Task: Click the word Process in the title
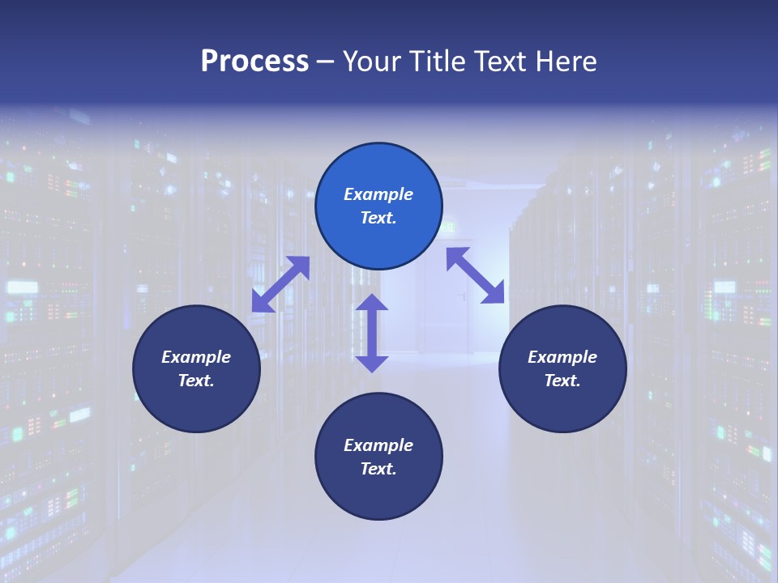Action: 254,62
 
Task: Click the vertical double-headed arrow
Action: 372,333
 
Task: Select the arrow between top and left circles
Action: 280,284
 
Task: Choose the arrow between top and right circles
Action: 476,275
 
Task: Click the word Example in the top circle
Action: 378,194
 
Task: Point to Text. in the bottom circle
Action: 378,469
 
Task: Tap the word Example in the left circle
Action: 196,357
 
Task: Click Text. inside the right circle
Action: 562,381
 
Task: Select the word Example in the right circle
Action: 562,357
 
